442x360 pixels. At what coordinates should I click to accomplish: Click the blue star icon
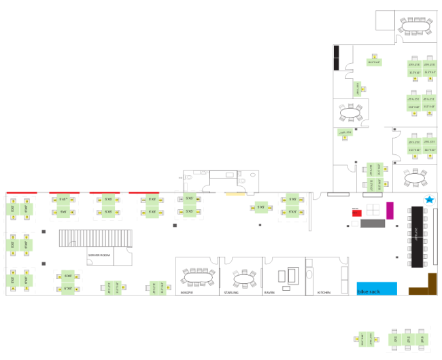[429, 200]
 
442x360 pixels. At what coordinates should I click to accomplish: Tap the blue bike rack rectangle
[377, 288]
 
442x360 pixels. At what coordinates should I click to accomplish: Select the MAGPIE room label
[188, 293]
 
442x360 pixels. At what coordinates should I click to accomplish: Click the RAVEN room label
[269, 293]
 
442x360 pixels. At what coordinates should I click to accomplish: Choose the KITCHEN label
[324, 293]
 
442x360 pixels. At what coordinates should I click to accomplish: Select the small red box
[356, 213]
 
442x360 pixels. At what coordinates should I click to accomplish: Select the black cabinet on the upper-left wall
[336, 58]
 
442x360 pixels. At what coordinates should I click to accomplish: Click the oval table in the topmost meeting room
[415, 26]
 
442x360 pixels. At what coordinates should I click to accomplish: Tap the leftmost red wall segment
[22, 193]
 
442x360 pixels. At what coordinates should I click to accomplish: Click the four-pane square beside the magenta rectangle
[375, 209]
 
